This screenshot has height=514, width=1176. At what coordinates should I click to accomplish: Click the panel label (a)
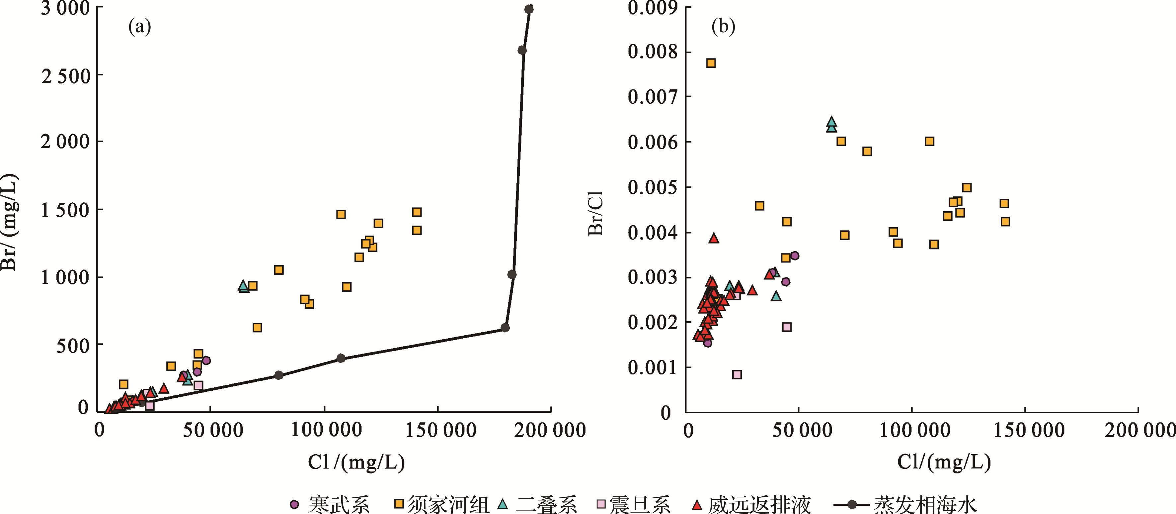139,27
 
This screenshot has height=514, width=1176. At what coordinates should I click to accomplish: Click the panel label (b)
723,27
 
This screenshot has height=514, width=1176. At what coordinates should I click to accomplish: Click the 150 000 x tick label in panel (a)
440,430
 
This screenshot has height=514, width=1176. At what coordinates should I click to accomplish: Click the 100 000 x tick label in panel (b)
914,430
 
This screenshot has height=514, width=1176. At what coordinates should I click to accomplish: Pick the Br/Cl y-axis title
596,213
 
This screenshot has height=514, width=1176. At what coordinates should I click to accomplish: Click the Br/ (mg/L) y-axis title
9,223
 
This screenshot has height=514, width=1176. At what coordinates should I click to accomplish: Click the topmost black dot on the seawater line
529,9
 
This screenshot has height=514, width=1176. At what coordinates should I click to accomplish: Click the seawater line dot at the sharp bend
505,328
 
